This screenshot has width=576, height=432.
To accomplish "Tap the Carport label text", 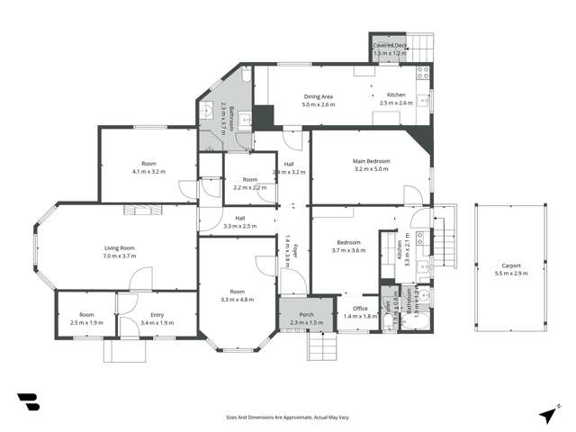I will coord(509,265).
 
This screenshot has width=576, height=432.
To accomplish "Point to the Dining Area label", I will coord(319,96).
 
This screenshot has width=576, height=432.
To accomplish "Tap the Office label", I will coord(358,309).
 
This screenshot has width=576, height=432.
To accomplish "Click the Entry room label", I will coord(157,314).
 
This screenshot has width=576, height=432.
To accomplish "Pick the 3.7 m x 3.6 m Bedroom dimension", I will coord(349,250).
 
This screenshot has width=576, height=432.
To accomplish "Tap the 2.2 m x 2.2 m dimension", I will coord(249,187).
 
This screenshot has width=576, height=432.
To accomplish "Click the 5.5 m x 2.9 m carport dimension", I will coord(509,274).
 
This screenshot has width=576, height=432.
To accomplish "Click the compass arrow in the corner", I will coord(547,414).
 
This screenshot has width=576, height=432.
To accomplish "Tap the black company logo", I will coord(28,402).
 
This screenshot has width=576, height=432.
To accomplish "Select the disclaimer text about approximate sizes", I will coord(287,417).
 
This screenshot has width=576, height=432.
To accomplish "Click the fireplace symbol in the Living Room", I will coord(141,210).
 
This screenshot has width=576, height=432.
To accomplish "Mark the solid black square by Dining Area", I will coord(263,117).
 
